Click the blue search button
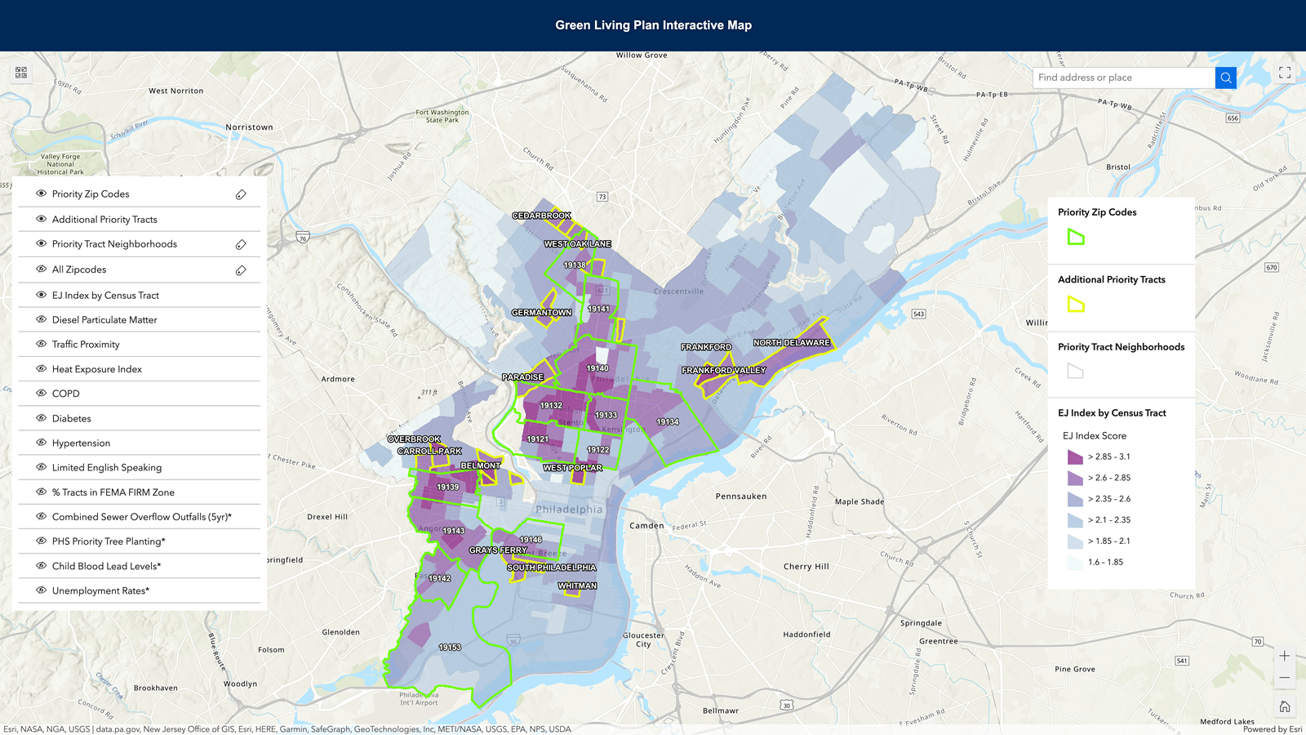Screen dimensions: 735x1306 1225,78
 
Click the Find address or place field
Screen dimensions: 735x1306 1123,78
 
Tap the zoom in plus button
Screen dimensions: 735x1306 1284,656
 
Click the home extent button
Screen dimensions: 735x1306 1284,706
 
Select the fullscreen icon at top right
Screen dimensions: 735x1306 1284,73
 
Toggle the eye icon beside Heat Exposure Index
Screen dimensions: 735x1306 41,369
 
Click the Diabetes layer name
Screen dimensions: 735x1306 72,419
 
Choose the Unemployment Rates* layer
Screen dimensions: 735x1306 100,590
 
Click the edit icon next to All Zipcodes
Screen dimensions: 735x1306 241,270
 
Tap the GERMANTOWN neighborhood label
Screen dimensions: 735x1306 541,313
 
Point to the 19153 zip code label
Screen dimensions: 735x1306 450,648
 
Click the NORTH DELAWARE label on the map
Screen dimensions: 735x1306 791,343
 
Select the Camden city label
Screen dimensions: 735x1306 646,526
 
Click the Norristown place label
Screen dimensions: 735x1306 249,127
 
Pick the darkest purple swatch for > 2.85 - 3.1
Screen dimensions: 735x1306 1075,457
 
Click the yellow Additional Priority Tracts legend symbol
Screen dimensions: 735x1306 1076,305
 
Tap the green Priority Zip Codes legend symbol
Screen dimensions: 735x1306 1076,238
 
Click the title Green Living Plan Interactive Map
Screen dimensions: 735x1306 653,25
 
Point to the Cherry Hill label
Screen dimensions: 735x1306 806,567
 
